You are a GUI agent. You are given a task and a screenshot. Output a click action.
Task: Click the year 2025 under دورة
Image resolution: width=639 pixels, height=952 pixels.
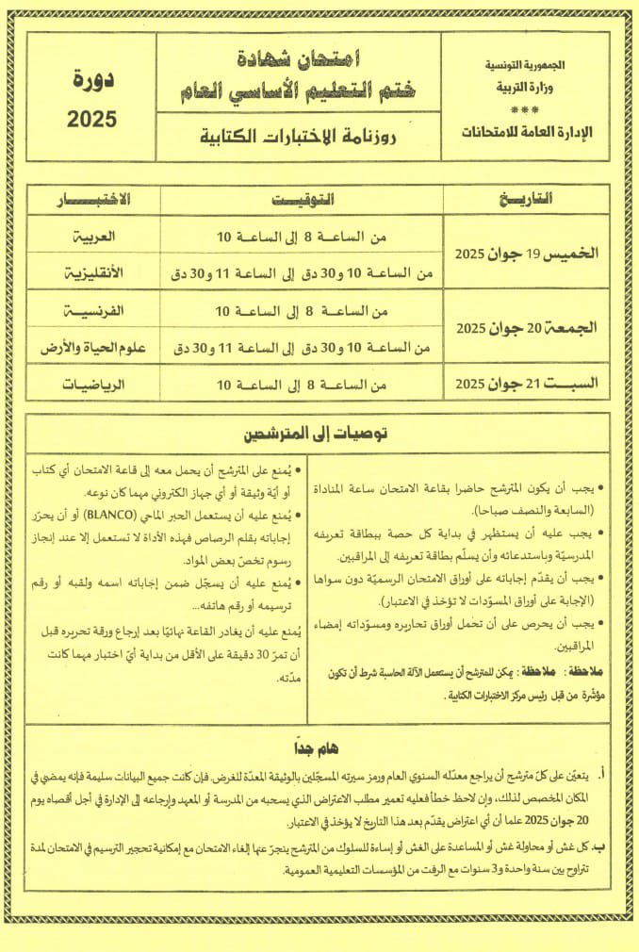pyautogui.click(x=91, y=119)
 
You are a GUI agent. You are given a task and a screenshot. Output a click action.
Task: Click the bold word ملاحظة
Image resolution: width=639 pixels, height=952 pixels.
pyautogui.click(x=589, y=673)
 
